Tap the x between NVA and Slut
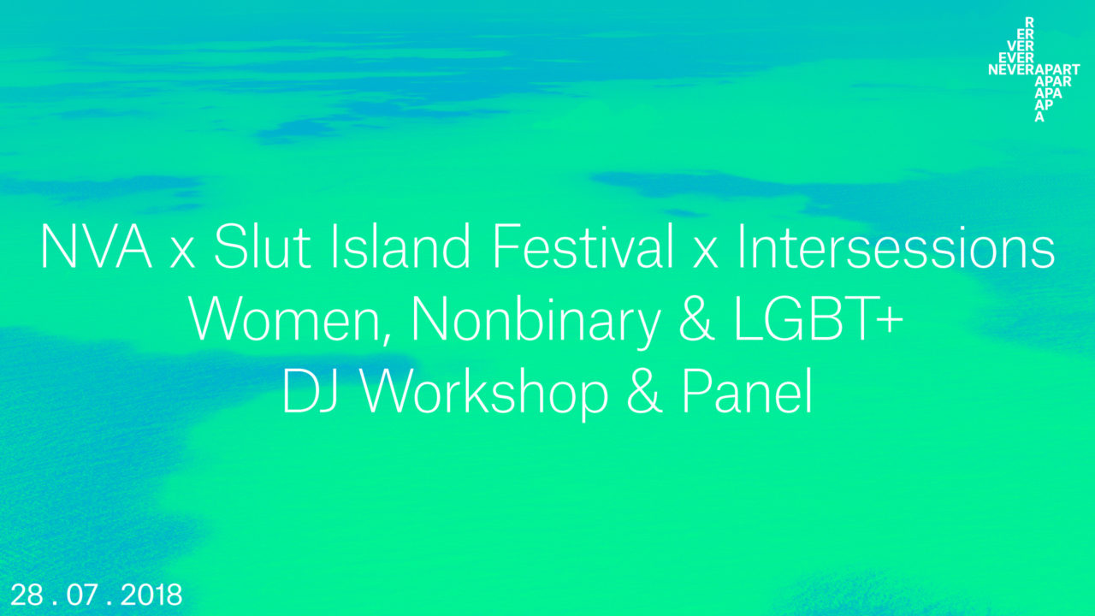click(182, 252)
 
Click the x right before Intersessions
click(706, 252)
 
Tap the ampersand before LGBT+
click(696, 320)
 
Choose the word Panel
click(747, 392)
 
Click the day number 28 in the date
click(27, 595)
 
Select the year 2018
click(151, 595)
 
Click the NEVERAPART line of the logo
click(1034, 70)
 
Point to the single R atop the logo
click(1029, 22)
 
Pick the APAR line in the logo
click(1053, 81)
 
